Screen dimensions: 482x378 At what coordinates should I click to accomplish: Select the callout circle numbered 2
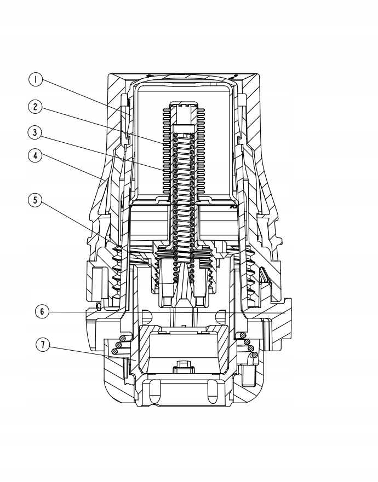point(36,107)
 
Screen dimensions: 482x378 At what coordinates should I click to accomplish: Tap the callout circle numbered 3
point(36,132)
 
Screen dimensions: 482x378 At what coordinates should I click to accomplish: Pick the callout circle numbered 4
point(36,156)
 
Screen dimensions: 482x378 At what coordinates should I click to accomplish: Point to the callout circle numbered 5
point(36,200)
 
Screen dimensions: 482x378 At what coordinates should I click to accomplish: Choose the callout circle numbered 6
point(41,311)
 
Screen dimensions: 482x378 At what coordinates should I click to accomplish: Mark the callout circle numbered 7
point(41,345)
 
